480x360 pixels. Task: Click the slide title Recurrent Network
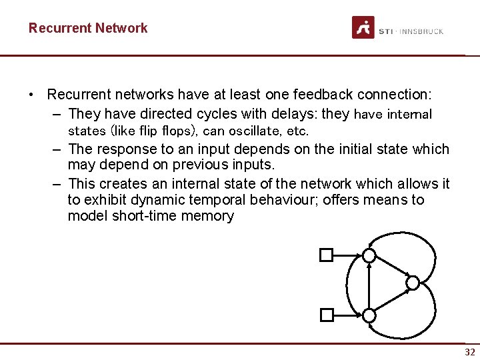pos(88,28)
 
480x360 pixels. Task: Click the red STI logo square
pos(363,27)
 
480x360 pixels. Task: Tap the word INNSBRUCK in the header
pos(421,31)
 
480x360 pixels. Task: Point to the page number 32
pos(470,352)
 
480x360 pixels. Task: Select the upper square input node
pos(326,255)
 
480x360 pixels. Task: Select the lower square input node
pos(326,314)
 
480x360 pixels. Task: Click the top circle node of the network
pos(369,255)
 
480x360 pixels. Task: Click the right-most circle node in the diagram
pos(413,283)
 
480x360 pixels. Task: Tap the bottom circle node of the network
pos(369,314)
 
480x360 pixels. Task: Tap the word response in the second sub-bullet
pos(125,149)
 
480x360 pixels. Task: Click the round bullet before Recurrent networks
pos(32,95)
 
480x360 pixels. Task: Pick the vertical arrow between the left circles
pos(369,285)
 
